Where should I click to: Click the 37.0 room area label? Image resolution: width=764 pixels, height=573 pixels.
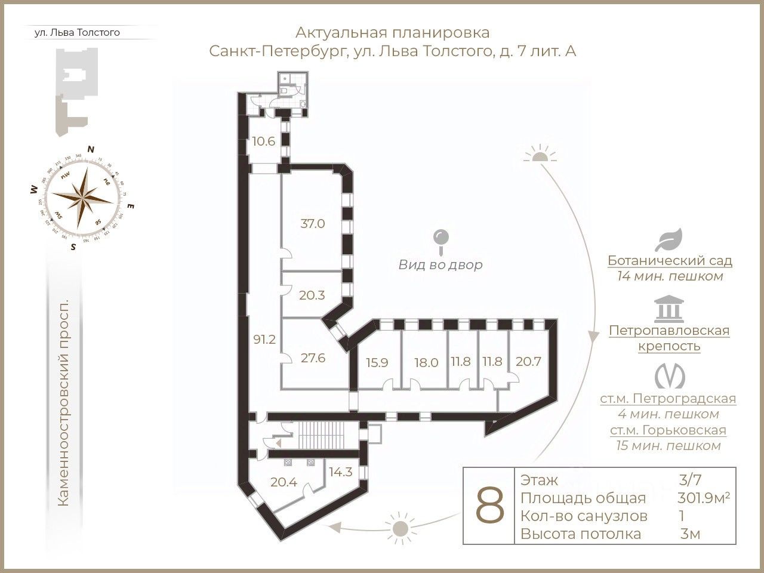point(312,224)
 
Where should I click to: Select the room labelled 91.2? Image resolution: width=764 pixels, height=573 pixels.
point(264,340)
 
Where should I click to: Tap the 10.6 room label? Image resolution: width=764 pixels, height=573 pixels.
point(263,141)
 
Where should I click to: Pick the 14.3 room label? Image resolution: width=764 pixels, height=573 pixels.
point(340,470)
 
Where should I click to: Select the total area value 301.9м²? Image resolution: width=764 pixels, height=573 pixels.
point(704,498)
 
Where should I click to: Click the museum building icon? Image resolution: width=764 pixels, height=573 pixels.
point(669,309)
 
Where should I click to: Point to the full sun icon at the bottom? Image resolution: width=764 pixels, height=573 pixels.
point(399,527)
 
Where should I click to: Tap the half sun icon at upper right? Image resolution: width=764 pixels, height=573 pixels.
point(540,155)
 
